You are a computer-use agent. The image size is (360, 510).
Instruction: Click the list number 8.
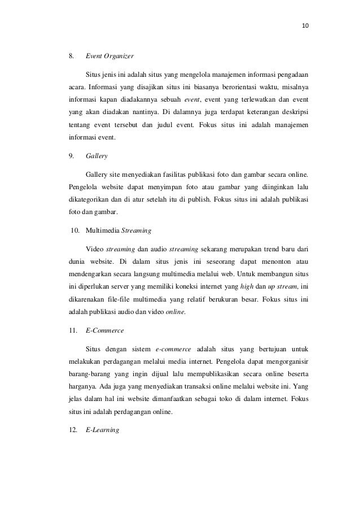(71, 56)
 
